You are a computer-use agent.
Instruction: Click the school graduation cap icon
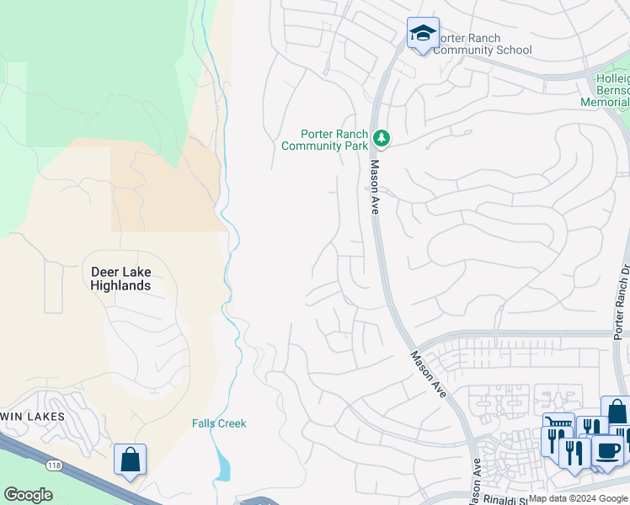tap(422, 34)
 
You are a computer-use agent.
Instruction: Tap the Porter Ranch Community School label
tap(483, 44)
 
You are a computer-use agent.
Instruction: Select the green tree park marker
tap(382, 136)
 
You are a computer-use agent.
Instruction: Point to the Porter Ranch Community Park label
tap(324, 140)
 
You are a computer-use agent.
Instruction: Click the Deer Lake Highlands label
tap(120, 279)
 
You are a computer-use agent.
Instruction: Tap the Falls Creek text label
tap(218, 423)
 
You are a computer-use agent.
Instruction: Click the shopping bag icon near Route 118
tap(130, 460)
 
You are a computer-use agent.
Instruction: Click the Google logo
tap(28, 495)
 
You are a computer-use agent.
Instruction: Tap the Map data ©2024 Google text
tap(579, 498)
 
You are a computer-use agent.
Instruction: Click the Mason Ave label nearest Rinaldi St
tap(476, 479)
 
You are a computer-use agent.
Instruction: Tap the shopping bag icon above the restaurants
tap(617, 412)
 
